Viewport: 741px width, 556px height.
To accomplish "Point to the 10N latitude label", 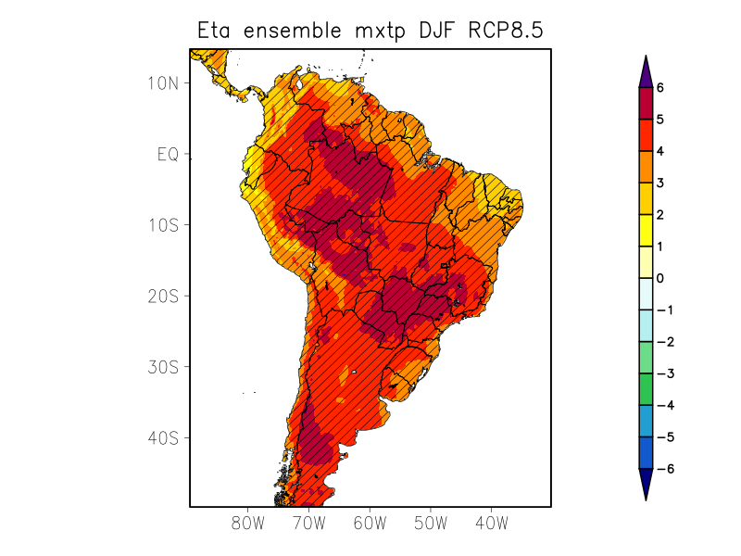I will click(x=162, y=82).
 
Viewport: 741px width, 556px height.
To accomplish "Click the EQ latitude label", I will click(x=167, y=154).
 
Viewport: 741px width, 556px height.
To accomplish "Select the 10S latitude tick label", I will click(x=162, y=225).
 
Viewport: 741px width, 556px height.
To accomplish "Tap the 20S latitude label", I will click(x=162, y=296).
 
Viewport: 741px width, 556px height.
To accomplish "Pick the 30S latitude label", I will click(x=162, y=367).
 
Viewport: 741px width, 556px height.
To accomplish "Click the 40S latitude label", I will click(x=162, y=437).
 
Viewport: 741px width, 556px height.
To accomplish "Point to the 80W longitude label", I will click(x=247, y=524).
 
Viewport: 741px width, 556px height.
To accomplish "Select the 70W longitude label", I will click(x=308, y=524).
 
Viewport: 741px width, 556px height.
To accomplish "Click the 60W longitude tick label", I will click(x=370, y=524).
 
